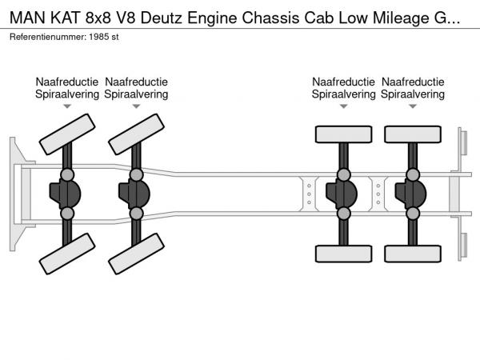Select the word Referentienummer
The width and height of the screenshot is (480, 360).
click(x=48, y=38)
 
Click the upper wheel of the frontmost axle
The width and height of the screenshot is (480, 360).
click(x=67, y=134)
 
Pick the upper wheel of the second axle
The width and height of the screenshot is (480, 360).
click(x=137, y=134)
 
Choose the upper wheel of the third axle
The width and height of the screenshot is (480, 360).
click(x=343, y=134)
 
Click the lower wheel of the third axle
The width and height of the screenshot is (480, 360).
click(x=343, y=253)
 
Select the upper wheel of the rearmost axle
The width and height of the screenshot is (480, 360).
click(x=413, y=134)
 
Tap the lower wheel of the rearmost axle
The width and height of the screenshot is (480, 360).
click(x=413, y=253)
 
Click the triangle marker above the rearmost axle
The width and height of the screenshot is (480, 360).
click(x=413, y=105)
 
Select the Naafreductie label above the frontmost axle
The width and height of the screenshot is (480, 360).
click(x=67, y=82)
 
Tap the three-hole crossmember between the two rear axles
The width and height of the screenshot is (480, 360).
click(x=378, y=194)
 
